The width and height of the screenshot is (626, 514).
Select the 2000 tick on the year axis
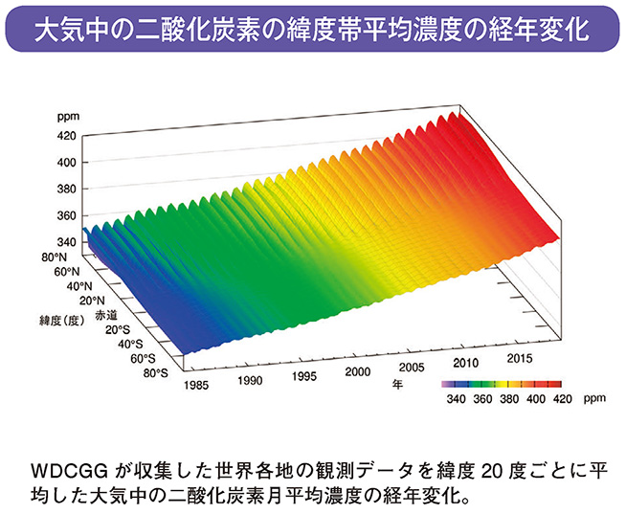coord(357,371)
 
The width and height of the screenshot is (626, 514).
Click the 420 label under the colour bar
coord(563,397)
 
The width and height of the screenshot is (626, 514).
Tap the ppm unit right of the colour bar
coord(594,397)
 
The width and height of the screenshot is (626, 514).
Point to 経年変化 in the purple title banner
coord(541,30)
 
